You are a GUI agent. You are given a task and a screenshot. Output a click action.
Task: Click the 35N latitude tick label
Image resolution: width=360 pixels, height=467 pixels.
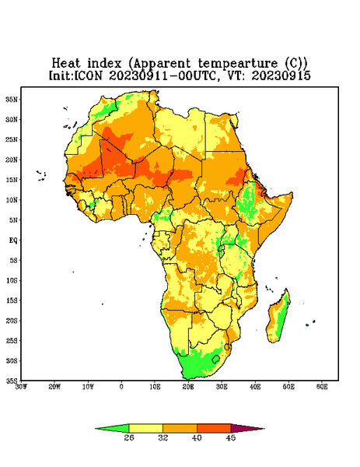coord(12,99)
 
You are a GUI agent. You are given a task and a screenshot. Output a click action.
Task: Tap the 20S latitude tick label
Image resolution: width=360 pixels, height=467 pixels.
coord(12,321)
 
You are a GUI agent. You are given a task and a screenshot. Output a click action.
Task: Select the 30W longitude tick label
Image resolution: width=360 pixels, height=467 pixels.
coord(21,387)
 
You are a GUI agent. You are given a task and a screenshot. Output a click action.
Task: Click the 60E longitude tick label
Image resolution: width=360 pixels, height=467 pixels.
coord(322,387)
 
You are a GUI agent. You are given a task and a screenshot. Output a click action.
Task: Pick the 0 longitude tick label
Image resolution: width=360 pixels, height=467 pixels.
coord(121,387)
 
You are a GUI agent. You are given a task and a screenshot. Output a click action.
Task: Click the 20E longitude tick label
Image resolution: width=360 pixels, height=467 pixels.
coord(188,387)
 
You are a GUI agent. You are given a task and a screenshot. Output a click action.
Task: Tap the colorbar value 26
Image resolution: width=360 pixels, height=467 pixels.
coord(129,437)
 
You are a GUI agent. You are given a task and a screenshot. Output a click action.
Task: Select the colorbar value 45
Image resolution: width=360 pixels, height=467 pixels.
coord(231,437)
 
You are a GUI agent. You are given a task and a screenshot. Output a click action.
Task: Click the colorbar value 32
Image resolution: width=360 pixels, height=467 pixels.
coord(163,437)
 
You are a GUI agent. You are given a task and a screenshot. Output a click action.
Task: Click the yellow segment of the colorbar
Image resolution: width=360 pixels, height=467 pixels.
coord(145,428)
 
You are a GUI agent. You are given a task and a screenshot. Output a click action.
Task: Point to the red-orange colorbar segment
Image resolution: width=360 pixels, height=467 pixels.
coord(214,428)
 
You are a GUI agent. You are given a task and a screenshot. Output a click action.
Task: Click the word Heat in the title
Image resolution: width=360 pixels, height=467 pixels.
coord(66,64)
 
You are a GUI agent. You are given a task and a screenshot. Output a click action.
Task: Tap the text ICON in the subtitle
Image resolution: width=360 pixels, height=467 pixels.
coord(88,75)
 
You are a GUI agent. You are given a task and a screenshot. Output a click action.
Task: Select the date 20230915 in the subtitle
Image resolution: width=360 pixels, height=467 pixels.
coord(281,75)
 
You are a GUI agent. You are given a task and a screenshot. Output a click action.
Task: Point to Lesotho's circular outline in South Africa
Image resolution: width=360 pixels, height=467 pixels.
coord(215,359)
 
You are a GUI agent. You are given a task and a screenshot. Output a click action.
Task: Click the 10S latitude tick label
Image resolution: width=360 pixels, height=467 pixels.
coord(12,280)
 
